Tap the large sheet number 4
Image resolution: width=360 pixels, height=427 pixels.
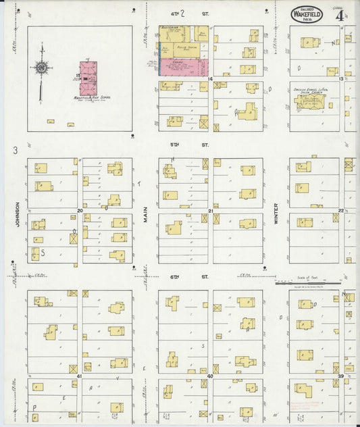[338, 15]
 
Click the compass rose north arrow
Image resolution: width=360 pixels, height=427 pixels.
[42, 68]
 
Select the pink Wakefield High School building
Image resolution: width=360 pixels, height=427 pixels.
[88, 78]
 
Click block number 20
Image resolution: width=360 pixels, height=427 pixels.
[80, 211]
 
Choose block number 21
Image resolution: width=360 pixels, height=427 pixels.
[211, 211]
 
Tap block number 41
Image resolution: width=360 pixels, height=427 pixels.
[79, 375]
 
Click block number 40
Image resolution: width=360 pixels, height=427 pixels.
[211, 375]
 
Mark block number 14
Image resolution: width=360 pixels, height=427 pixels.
[211, 79]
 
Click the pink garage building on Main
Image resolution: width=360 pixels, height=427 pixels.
[184, 66]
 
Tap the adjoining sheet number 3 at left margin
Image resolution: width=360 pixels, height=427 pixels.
[14, 150]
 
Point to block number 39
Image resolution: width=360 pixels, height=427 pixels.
[341, 375]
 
